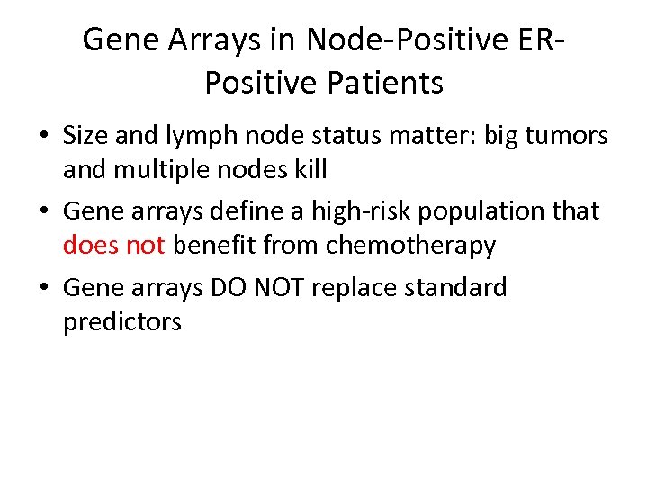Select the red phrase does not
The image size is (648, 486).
point(113,245)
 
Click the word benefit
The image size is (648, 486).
point(215,245)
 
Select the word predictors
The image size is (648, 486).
point(121,322)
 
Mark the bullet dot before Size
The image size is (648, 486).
point(43,137)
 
